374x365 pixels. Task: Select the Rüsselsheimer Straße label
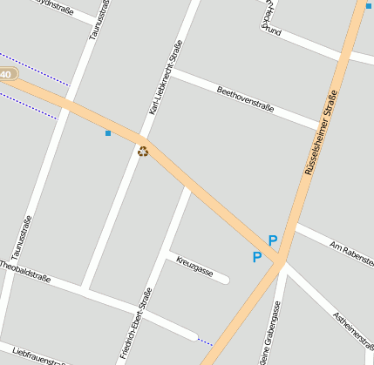tap(320, 132)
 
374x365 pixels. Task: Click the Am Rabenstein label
tap(346, 249)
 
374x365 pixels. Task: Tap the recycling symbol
tap(143, 152)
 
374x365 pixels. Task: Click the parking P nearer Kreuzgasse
tap(256, 257)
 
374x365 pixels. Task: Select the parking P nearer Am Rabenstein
tap(273, 240)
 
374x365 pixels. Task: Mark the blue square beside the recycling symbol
tap(108, 133)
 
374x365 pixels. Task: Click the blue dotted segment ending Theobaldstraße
tap(205, 341)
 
